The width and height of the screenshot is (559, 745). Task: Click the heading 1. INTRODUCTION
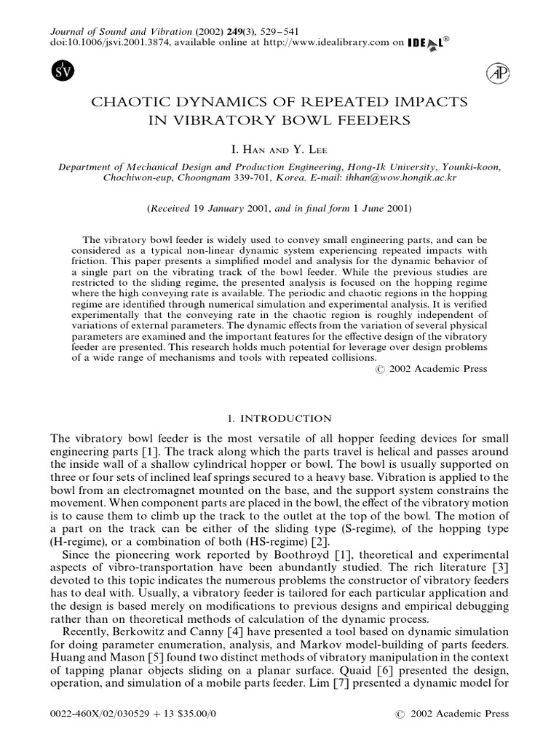click(x=279, y=418)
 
